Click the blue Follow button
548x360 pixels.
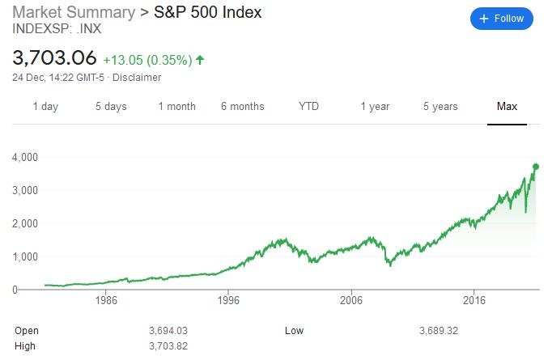pos(502,19)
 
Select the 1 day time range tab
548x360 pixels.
pos(45,107)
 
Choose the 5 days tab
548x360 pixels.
pos(111,107)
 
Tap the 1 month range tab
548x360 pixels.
pos(177,107)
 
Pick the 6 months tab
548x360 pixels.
pos(243,107)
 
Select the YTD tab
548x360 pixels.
pos(308,107)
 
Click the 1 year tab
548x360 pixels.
pos(375,107)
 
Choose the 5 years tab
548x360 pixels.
pos(440,107)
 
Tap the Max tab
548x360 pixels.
pos(507,107)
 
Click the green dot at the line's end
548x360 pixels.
pos(535,167)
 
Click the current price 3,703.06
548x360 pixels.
pos(54,58)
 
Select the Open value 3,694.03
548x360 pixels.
pos(168,331)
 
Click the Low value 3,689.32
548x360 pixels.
pos(438,331)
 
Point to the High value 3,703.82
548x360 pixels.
pos(168,346)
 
